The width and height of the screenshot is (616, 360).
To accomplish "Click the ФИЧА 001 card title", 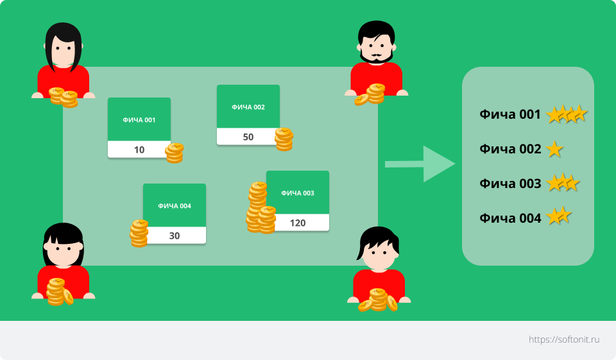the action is [x=139, y=120].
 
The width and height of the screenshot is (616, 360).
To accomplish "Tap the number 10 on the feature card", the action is [x=139, y=150].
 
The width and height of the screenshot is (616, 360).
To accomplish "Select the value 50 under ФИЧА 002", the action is [x=248, y=137].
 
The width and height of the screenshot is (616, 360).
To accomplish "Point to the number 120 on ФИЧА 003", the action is [x=297, y=223].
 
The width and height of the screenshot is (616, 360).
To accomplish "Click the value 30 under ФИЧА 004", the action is [x=175, y=236].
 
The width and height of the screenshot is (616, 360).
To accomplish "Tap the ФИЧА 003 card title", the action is [x=297, y=193].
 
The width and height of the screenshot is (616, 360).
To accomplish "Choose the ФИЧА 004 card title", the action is [x=175, y=206].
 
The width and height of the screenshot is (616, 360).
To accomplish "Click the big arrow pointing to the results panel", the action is [x=420, y=164].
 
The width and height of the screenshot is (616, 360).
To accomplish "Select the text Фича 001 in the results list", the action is [x=510, y=114].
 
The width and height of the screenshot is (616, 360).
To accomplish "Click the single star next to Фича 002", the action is [x=554, y=149].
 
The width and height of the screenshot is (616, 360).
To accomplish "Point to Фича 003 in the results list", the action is [x=510, y=184].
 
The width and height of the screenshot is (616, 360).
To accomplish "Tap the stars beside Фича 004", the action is [x=559, y=216].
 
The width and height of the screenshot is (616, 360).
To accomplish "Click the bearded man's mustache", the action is [x=377, y=55].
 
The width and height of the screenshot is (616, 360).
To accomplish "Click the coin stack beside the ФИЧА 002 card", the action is [x=284, y=139].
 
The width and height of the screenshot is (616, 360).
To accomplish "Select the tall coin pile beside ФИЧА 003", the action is [x=261, y=208].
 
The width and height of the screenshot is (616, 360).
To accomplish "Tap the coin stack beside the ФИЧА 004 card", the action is [x=139, y=234].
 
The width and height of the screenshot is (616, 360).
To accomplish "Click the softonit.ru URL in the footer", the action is [x=564, y=339].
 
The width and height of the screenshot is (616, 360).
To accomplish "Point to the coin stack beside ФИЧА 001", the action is [x=175, y=153].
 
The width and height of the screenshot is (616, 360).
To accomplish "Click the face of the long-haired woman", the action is [x=63, y=51].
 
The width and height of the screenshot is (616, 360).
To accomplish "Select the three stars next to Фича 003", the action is [x=563, y=183].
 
